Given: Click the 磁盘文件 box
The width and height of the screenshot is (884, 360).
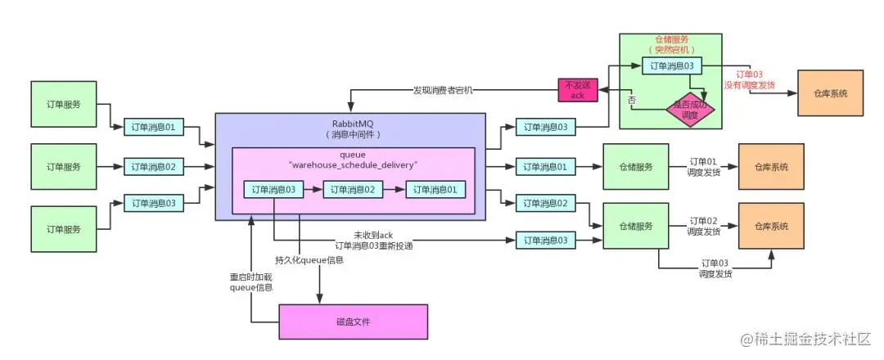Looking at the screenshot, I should coord(353,322).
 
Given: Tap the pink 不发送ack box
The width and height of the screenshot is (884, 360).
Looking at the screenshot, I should coord(577,90).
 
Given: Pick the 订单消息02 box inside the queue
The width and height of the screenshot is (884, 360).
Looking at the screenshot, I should coord(353,190).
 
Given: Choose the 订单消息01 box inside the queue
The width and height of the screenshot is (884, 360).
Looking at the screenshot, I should coord(435,190).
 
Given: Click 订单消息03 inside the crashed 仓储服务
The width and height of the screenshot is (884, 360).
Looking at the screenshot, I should coord(670,65).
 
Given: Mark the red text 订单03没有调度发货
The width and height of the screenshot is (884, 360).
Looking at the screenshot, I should coord(748,79).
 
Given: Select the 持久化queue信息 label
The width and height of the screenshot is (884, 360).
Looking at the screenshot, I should coord(309,260).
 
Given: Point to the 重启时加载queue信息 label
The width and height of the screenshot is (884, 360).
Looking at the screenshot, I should coord(250,281).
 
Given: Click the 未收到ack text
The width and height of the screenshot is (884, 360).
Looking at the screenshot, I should coord(373,235).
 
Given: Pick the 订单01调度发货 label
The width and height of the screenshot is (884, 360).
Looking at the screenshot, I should coord(704,167).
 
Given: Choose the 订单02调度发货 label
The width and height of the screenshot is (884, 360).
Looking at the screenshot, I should coord(704,226).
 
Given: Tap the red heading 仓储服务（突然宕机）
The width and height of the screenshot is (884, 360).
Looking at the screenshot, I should coord(670,44).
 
